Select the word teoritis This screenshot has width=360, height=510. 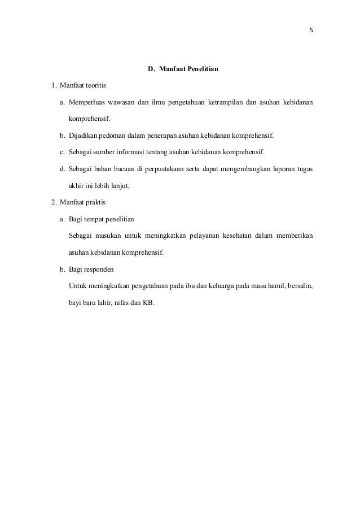click(93, 86)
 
